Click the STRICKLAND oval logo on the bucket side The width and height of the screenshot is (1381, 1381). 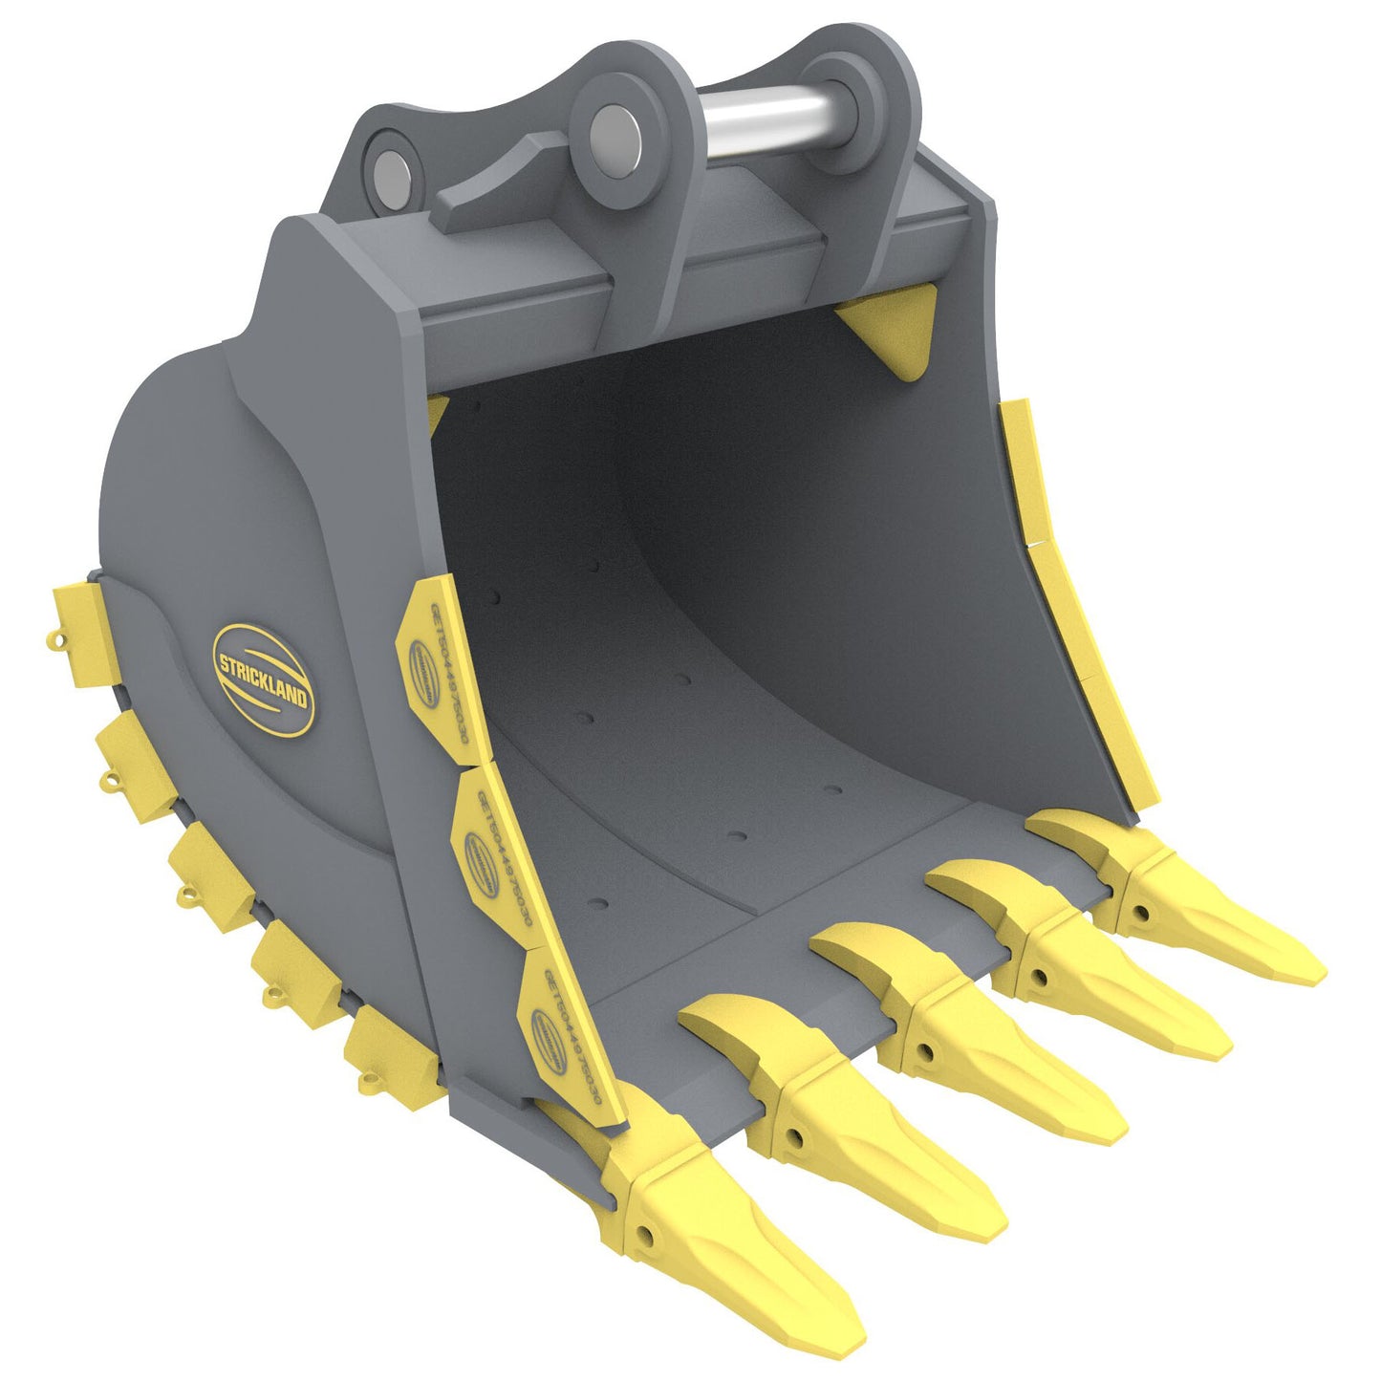click(263, 680)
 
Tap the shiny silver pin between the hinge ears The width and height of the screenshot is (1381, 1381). click(765, 119)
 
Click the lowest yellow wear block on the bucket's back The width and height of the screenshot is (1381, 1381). click(392, 1056)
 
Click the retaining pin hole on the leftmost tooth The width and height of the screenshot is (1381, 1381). click(647, 1234)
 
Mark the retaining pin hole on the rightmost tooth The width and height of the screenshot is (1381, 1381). click(1142, 913)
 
